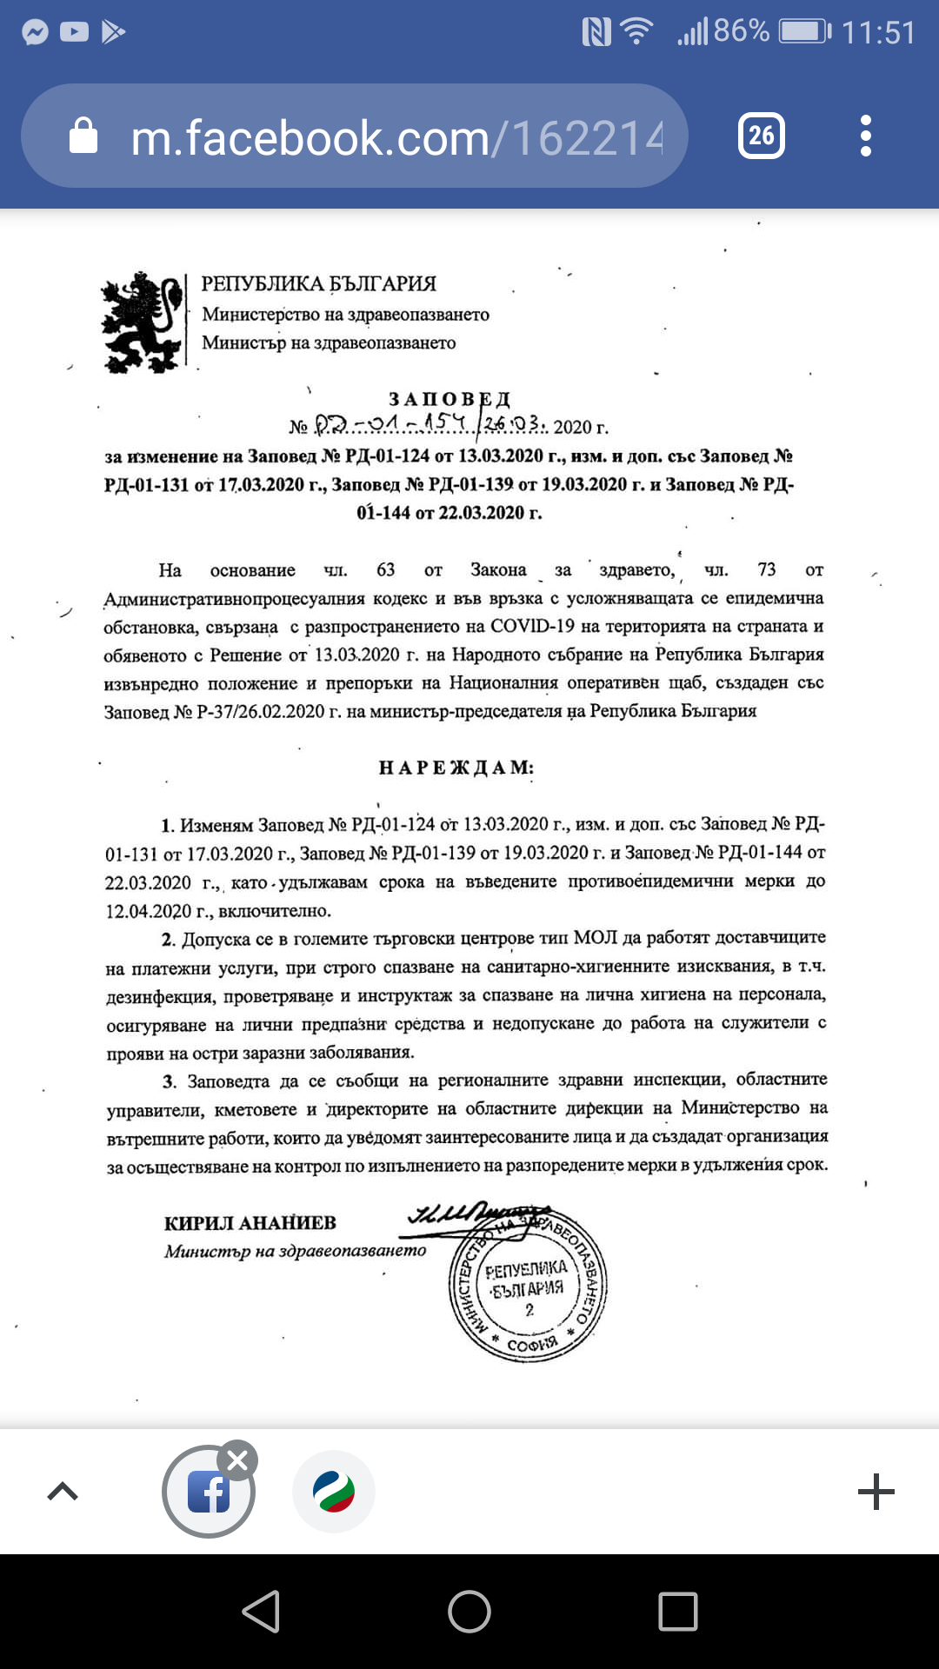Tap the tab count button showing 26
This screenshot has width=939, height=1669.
[762, 136]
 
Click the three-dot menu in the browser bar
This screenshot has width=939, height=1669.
[865, 136]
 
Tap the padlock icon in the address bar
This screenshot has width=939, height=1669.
[83, 136]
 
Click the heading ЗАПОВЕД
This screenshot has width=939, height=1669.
[450, 399]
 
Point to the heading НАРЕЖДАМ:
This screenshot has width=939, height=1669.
[456, 768]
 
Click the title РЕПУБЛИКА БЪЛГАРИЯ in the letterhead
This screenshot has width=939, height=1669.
[319, 283]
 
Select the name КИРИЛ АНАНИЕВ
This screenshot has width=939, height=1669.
[250, 1222]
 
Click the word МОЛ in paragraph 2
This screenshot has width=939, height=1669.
[596, 937]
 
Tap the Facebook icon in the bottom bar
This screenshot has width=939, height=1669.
[209, 1492]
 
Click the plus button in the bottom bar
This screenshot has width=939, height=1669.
[876, 1492]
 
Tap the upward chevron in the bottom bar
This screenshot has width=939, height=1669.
[63, 1492]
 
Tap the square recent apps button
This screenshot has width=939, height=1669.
[678, 1612]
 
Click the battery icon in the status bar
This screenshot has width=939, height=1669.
[803, 32]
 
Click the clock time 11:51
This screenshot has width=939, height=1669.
[878, 33]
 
